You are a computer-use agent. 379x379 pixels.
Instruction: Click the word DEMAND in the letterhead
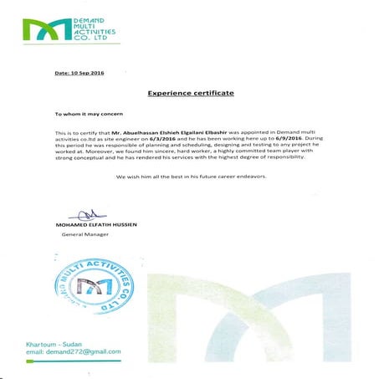[x=88, y=18]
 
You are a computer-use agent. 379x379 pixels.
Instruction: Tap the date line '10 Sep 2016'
[x=79, y=73]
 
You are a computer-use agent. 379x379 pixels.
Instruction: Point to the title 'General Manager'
[x=85, y=236]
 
